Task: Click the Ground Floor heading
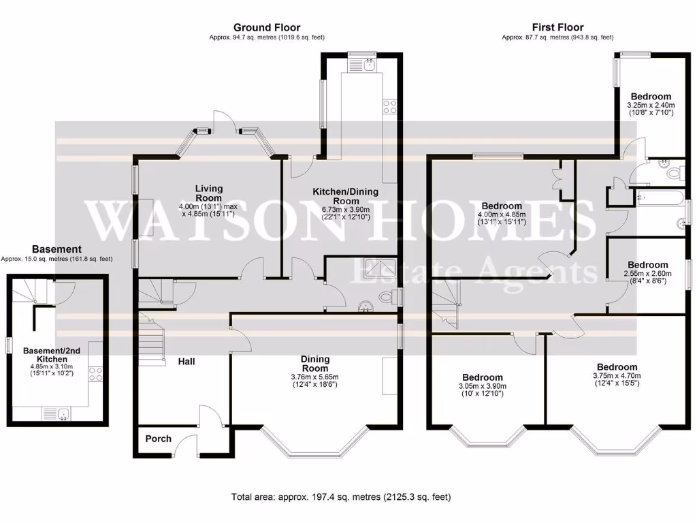pos(257,27)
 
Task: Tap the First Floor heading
pos(557,27)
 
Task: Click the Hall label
pos(187,361)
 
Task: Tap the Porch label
pos(159,439)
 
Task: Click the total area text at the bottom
pos(341,497)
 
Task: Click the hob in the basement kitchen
pos(95,373)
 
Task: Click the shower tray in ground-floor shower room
pos(382,270)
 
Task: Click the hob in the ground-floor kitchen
pos(391,106)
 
